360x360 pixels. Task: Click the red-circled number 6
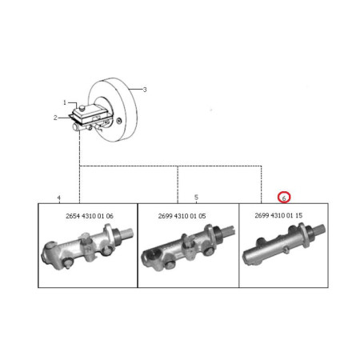click(x=284, y=198)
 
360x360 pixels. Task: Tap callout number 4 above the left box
click(x=59, y=198)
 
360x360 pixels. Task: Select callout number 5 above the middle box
click(x=196, y=198)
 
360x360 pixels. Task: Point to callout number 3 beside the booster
click(x=145, y=90)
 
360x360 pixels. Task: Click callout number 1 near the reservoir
click(x=65, y=102)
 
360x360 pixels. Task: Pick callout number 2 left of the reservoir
click(x=55, y=118)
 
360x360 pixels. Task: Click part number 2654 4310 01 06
click(x=90, y=216)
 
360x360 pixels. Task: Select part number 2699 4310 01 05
click(x=182, y=216)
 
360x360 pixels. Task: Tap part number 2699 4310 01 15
click(x=278, y=215)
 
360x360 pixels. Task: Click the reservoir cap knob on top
click(x=82, y=107)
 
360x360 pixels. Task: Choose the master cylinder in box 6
click(x=283, y=244)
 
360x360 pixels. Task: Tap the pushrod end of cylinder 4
click(x=126, y=234)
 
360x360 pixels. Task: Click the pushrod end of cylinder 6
click(x=320, y=230)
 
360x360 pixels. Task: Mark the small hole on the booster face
click(x=119, y=122)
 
